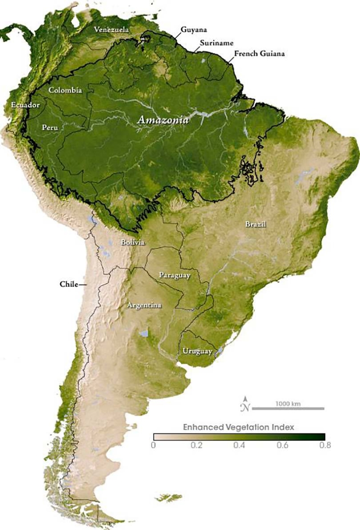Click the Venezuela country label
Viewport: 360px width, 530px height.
click(111, 30)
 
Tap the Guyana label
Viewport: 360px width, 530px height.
click(193, 30)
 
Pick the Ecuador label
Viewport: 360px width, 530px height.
click(25, 105)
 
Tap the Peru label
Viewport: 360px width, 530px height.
click(50, 127)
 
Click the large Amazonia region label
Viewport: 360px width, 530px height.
click(163, 121)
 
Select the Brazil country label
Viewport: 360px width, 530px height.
click(256, 225)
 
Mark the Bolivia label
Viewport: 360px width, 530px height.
click(133, 243)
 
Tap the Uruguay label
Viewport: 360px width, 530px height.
click(197, 351)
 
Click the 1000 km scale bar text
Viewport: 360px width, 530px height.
click(288, 403)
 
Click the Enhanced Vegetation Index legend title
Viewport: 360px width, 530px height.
click(238, 427)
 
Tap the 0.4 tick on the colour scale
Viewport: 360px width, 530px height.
click(238, 445)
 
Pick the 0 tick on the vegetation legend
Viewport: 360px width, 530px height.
click(154, 445)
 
